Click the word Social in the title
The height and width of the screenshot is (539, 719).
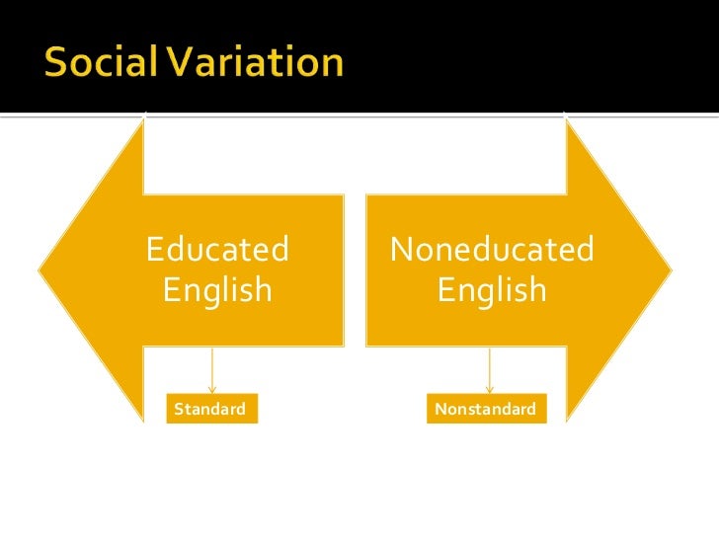tap(98, 63)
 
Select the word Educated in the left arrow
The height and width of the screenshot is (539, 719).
tap(217, 250)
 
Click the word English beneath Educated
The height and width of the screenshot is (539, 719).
tap(217, 290)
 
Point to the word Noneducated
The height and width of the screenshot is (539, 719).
tap(492, 250)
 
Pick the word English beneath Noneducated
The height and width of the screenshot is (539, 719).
tap(492, 290)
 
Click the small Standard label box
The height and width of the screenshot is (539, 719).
tap(211, 409)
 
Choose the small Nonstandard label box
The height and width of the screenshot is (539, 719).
tap(486, 409)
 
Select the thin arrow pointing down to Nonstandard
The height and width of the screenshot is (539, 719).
tap(489, 370)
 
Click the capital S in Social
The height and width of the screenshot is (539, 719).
tap(57, 63)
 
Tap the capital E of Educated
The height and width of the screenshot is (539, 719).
tap(154, 250)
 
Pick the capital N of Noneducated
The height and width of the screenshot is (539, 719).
tap(402, 250)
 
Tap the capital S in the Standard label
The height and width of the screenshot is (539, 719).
tap(179, 409)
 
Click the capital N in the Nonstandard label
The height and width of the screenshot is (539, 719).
tap(439, 409)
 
